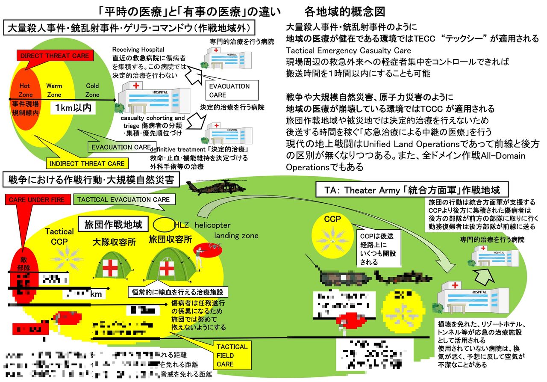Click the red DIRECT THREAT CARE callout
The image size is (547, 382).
point(55,56)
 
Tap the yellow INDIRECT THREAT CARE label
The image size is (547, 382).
point(87,163)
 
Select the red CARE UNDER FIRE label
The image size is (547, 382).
point(37,199)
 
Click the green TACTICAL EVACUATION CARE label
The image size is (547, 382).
point(124,199)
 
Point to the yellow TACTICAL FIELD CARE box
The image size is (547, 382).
point(231,355)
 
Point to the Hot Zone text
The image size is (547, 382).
point(24,90)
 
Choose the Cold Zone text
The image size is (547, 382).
point(92,90)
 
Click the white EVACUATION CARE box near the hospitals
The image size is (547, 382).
point(229,90)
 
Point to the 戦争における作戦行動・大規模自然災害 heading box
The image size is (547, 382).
point(91,180)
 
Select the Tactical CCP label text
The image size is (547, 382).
point(59,237)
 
